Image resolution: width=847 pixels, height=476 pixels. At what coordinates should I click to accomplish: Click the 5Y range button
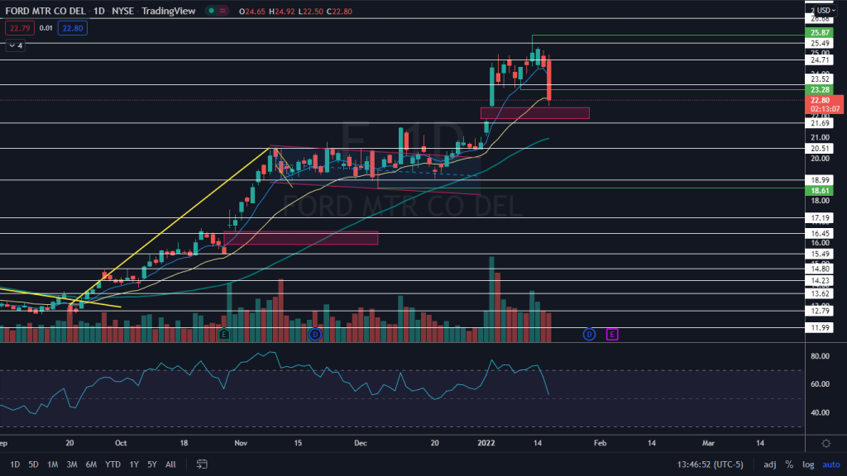click(x=151, y=464)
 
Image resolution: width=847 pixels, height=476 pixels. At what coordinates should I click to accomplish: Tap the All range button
click(x=170, y=464)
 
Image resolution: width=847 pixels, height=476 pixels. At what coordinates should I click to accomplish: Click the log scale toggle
click(x=808, y=464)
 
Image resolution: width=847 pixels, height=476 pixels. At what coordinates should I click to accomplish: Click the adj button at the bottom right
click(x=769, y=464)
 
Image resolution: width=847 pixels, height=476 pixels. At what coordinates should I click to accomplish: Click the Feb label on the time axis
click(x=601, y=443)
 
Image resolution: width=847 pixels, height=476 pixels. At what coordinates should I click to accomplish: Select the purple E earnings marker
click(x=612, y=334)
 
